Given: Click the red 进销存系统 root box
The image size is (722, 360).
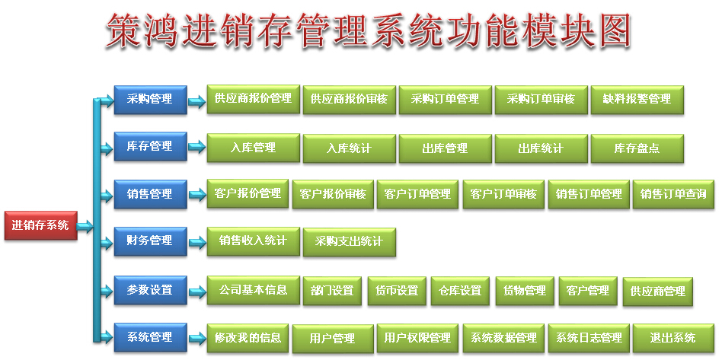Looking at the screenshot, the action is (40, 225).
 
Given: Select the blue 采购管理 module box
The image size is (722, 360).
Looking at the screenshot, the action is (150, 100).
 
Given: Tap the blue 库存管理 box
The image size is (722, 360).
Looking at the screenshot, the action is (150, 146).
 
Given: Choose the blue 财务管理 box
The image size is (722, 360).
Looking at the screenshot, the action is (150, 241).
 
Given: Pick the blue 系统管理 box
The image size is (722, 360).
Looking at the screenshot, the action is (150, 337).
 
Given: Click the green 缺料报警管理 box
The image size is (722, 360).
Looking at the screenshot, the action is (637, 100).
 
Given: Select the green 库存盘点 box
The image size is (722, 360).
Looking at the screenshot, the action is (637, 148).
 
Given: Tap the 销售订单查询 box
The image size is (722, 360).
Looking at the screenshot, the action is (673, 194).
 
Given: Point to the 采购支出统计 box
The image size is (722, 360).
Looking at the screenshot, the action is (349, 242).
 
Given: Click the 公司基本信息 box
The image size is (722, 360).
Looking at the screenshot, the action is (254, 290).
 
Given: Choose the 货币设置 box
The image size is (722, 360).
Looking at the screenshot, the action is (397, 291).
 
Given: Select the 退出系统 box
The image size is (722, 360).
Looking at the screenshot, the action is (673, 339).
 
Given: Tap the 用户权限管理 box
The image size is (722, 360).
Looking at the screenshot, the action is (417, 339).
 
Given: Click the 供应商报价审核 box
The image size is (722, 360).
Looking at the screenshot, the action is (349, 100).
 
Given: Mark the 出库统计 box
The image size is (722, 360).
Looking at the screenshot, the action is (541, 148).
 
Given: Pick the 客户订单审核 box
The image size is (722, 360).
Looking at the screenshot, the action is (503, 194).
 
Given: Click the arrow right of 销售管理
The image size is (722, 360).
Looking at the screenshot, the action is (197, 195).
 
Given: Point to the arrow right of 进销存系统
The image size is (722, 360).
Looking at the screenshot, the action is (85, 226).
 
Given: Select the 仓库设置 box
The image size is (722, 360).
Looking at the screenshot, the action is (460, 291).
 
